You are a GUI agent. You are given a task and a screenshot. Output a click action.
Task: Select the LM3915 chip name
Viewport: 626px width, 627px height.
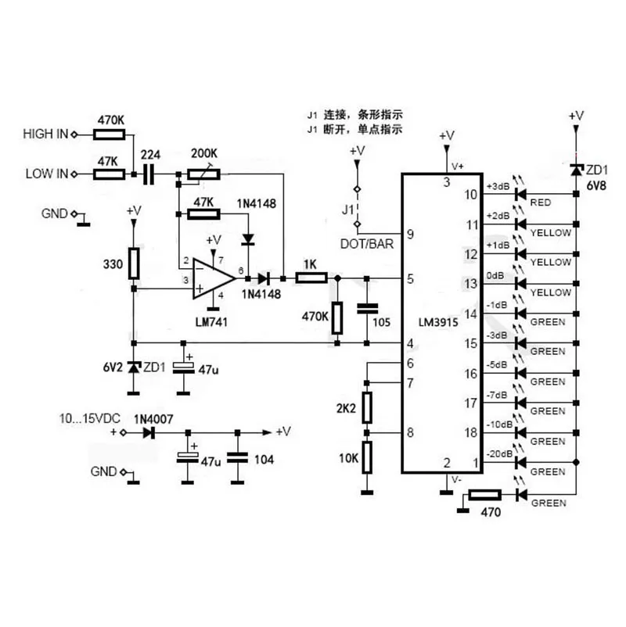(437, 321)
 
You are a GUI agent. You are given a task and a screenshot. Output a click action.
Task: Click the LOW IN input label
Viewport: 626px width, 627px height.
(45, 173)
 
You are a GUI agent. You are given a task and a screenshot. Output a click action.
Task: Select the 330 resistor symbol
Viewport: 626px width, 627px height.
(135, 263)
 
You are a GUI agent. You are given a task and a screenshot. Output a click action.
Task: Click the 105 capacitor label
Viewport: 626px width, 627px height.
(380, 323)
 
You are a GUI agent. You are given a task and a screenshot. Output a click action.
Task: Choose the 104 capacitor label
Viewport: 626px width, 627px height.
(264, 460)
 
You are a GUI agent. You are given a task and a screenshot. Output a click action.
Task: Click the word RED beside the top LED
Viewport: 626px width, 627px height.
(541, 202)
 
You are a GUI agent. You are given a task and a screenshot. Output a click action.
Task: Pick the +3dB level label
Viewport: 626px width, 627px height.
(498, 186)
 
